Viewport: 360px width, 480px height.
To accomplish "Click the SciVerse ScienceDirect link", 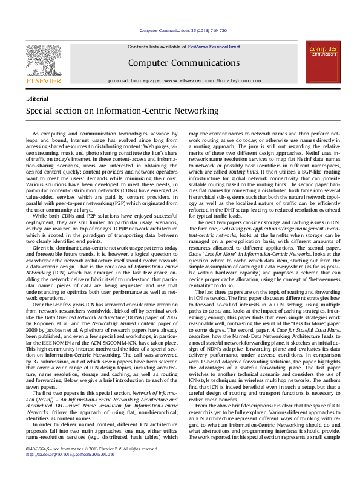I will pos(214,47).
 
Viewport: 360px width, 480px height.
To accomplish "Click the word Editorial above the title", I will pos(38,99).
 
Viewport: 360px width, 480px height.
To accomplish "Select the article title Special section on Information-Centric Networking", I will pos(122,111).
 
